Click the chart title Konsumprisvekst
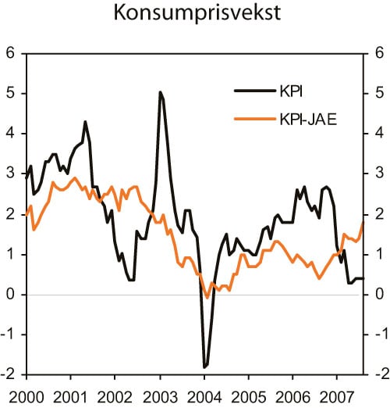click(x=194, y=14)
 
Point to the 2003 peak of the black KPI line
click(x=160, y=92)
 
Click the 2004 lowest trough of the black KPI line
click(x=204, y=367)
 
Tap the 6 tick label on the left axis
click(x=11, y=53)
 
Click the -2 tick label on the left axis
click(x=9, y=374)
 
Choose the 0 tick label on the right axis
click(x=379, y=294)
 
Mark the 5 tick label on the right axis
click(x=379, y=93)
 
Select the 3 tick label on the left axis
click(x=11, y=174)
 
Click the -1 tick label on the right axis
click(x=377, y=335)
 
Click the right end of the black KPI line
click(x=363, y=278)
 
